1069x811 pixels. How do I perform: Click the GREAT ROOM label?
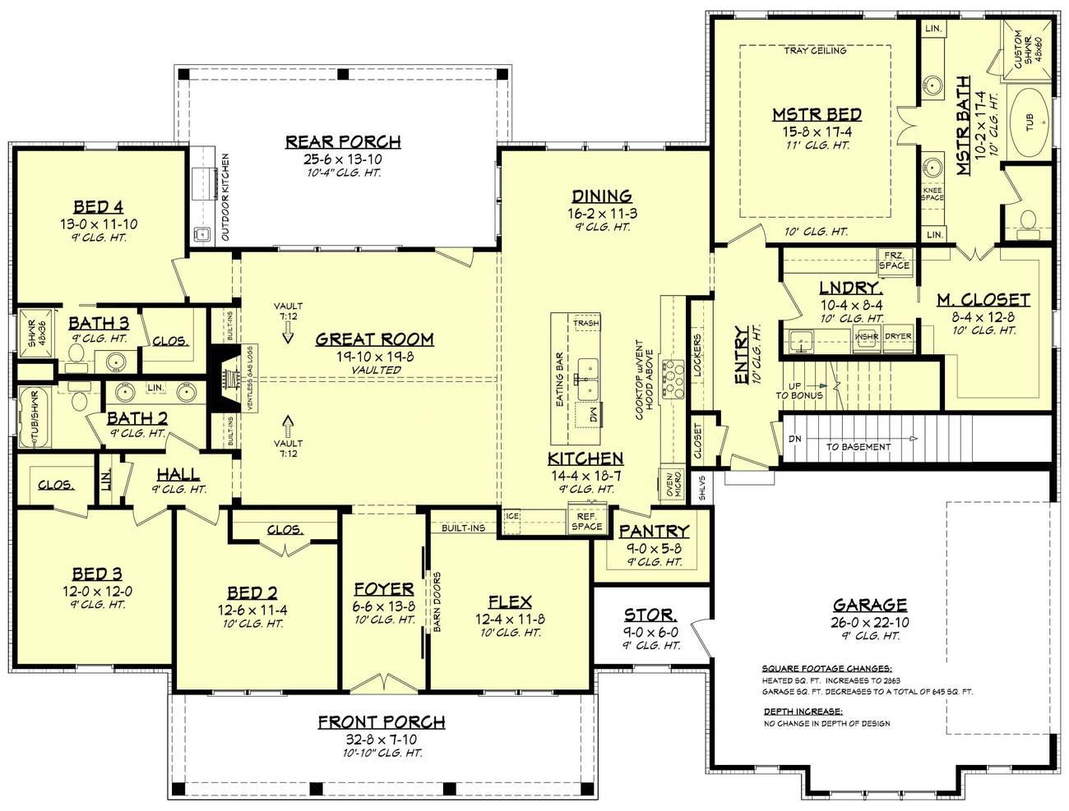[x=374, y=339]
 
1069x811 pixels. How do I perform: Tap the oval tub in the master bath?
[x=1030, y=123]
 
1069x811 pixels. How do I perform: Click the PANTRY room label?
[x=654, y=532]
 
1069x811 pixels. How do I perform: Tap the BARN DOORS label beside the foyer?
[x=437, y=601]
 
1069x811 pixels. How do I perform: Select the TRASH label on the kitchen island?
[x=585, y=324]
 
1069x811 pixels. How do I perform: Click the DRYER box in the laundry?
[x=897, y=337]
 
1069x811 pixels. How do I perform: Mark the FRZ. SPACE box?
[x=894, y=260]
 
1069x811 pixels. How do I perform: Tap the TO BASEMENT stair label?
[x=858, y=447]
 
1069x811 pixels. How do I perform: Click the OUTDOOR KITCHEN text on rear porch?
[x=224, y=197]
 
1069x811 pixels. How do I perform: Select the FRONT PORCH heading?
[x=382, y=722]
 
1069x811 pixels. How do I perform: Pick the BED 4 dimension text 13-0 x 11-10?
[x=98, y=223]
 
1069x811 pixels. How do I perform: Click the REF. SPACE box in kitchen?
[x=586, y=521]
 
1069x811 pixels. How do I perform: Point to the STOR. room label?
[x=650, y=615]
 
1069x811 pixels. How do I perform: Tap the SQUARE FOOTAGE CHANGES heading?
[x=826, y=668]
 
